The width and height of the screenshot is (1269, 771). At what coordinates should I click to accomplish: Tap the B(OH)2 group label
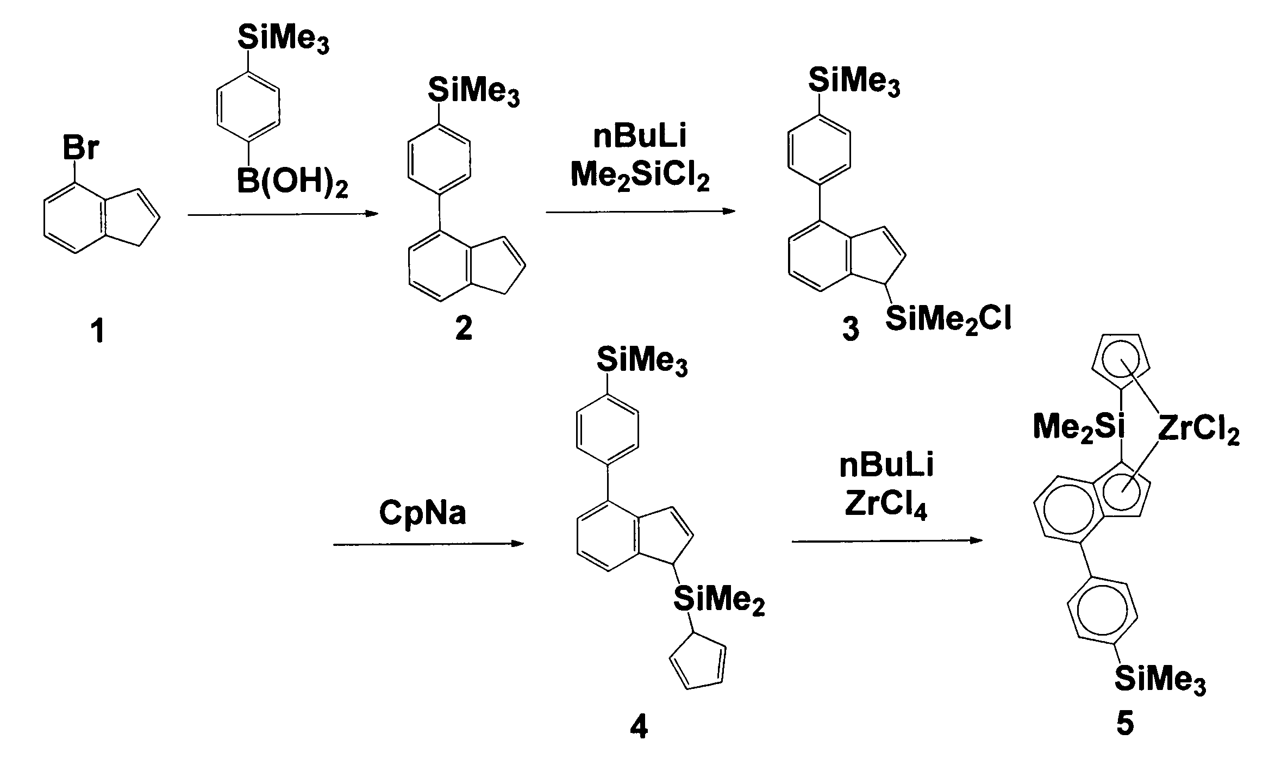[x=292, y=184]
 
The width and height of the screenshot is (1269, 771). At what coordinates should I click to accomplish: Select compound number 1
[x=98, y=331]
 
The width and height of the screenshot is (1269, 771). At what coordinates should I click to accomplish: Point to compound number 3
[x=851, y=330]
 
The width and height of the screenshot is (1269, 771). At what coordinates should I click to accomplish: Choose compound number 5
[x=1124, y=725]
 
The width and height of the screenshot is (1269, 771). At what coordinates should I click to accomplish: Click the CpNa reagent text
[x=422, y=513]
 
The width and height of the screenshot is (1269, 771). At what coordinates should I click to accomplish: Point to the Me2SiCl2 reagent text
[x=640, y=177]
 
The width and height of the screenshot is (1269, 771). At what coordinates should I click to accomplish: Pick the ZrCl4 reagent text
[x=886, y=506]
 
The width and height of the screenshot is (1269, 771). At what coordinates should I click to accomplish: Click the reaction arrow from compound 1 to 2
[x=283, y=215]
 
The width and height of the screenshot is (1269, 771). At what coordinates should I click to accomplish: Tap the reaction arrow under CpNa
[x=428, y=544]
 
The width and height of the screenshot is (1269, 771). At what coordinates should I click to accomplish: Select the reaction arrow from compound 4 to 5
[x=887, y=541]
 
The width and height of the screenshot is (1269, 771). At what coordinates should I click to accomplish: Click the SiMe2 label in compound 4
[x=718, y=600]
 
